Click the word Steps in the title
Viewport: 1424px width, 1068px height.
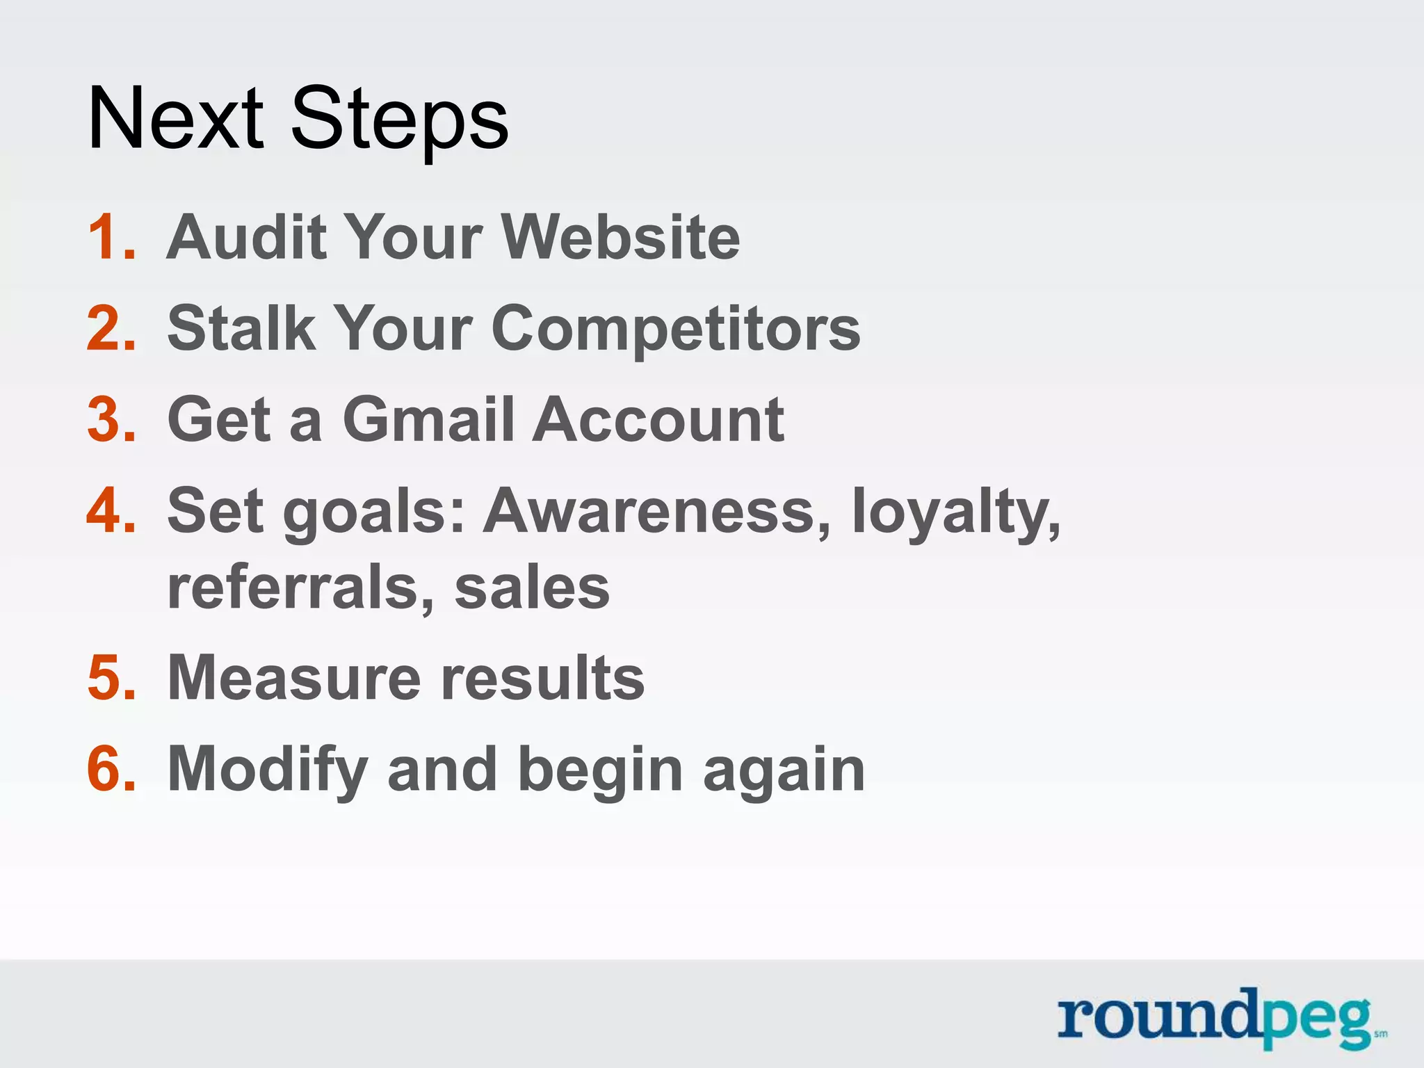click(399, 120)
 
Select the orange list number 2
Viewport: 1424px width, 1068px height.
click(110, 328)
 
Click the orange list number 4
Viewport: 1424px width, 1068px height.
click(110, 511)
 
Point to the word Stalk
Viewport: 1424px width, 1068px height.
click(241, 328)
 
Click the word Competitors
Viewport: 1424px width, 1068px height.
click(675, 330)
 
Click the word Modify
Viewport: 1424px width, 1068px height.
click(268, 770)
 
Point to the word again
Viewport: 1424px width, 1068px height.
click(784, 772)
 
